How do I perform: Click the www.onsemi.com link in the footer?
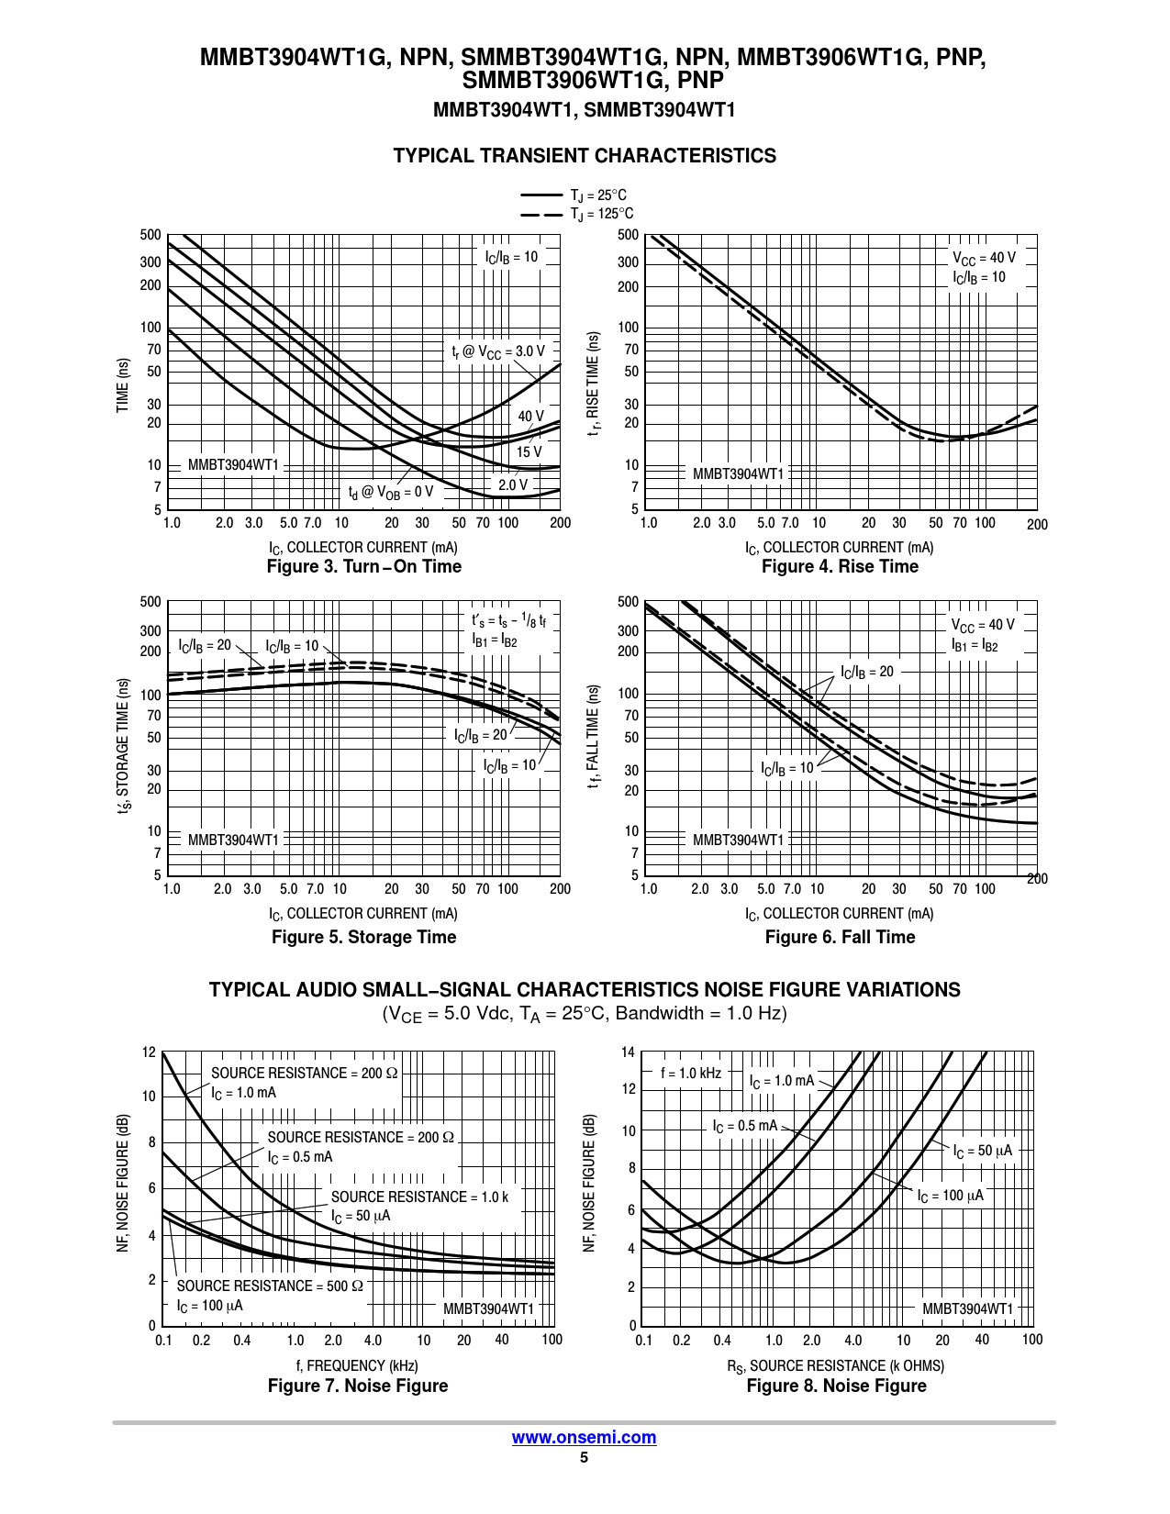click(584, 1438)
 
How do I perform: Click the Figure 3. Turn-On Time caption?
click(363, 567)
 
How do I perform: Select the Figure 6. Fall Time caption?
click(840, 937)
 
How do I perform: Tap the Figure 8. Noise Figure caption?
click(836, 1386)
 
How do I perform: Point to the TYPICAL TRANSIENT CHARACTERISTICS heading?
click(585, 156)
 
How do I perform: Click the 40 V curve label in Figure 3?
click(530, 417)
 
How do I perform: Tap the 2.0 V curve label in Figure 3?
click(513, 484)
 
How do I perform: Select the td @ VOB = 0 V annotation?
click(390, 493)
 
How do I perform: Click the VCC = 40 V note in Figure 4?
click(984, 259)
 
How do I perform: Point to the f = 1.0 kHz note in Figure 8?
click(691, 1074)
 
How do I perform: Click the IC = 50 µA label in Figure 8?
click(983, 1152)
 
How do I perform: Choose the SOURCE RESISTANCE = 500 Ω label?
click(270, 1286)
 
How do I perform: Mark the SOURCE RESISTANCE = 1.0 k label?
click(419, 1197)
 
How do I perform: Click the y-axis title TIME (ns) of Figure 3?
click(123, 385)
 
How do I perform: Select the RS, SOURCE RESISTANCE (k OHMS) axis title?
click(836, 1366)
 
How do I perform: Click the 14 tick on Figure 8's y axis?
click(628, 1052)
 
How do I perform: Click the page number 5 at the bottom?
click(584, 1457)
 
